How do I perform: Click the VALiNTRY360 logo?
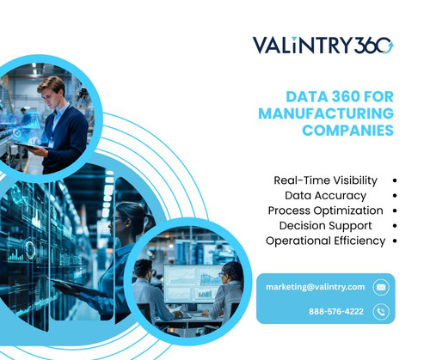(x=322, y=45)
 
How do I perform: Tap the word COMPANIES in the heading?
(x=347, y=131)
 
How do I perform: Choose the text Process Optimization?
(x=325, y=211)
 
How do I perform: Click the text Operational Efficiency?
(x=325, y=241)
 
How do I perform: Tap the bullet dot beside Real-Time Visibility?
(x=393, y=180)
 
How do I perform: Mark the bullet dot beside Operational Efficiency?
(x=393, y=241)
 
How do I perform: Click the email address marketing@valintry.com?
(x=316, y=286)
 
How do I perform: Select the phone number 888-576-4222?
(x=336, y=311)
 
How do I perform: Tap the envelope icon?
(x=381, y=286)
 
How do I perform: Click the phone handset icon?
(x=381, y=311)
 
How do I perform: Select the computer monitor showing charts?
(x=191, y=278)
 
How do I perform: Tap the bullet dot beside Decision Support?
(x=393, y=225)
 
